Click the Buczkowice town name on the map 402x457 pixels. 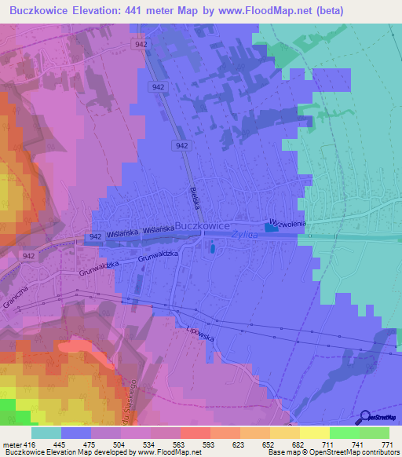[x=202, y=225]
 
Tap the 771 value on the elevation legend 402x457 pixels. [x=386, y=444]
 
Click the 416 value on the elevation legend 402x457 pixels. [x=28, y=444]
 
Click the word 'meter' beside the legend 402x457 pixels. [x=10, y=444]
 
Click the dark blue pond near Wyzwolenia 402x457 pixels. [x=272, y=228]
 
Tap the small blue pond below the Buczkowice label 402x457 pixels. [x=212, y=250]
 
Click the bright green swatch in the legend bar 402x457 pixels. [x=344, y=433]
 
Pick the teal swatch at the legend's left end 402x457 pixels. [x=46, y=433]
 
